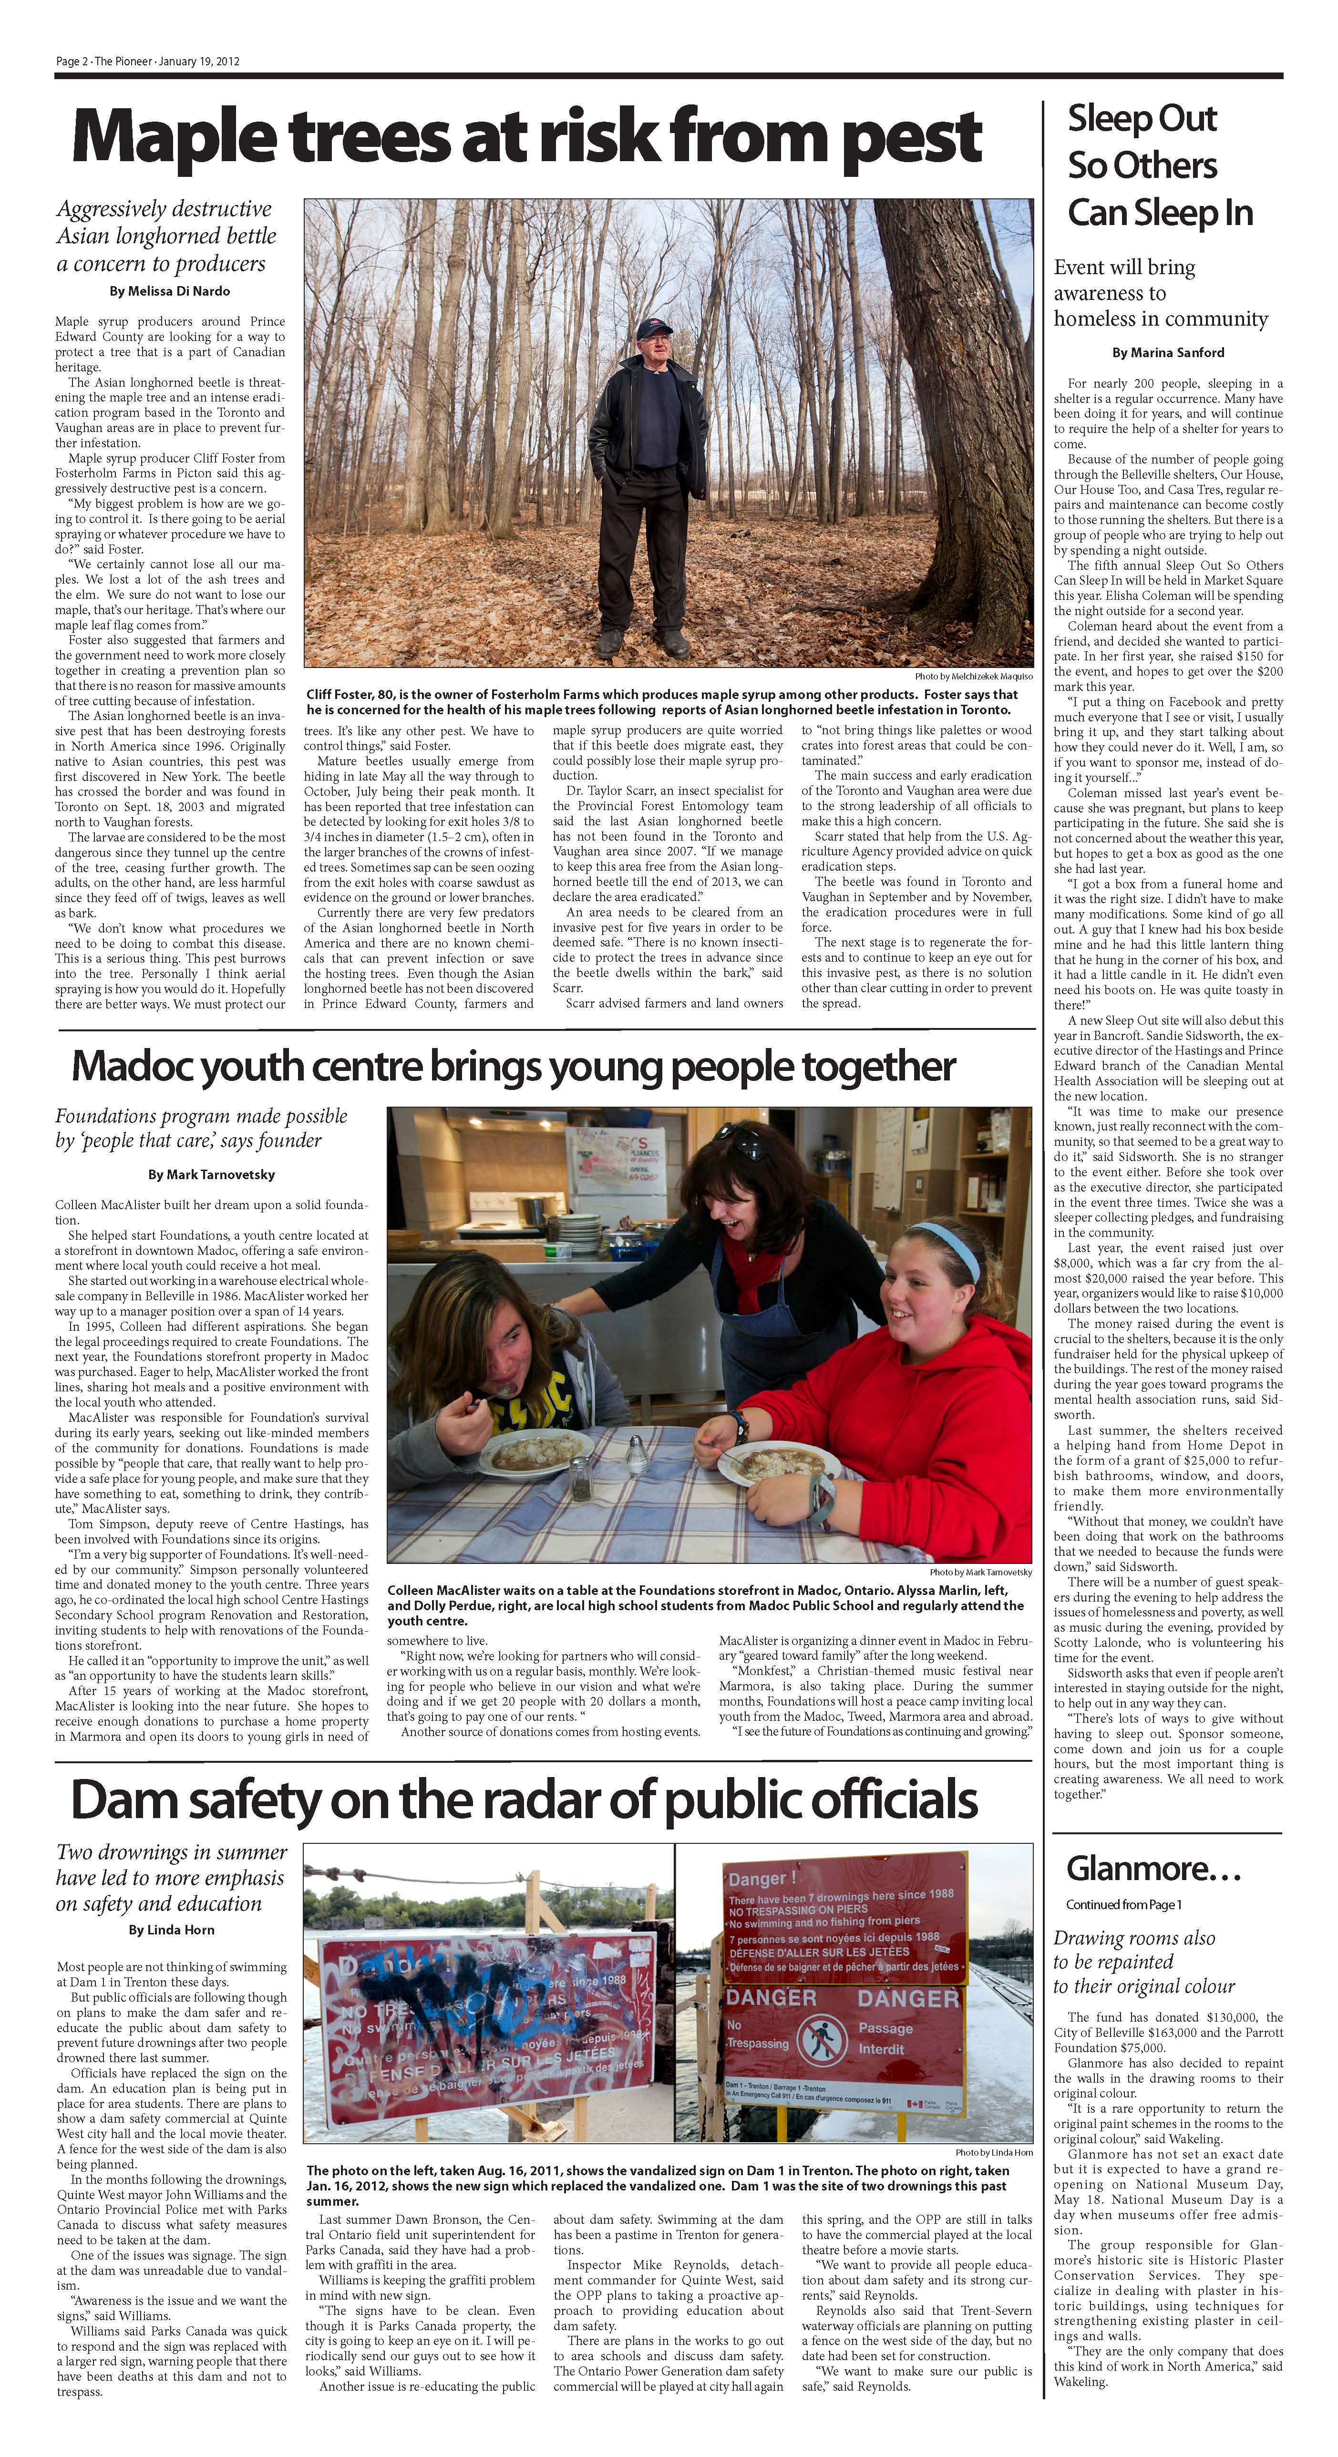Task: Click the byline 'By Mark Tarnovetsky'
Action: click(x=211, y=1174)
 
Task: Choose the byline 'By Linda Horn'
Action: click(x=171, y=1930)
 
